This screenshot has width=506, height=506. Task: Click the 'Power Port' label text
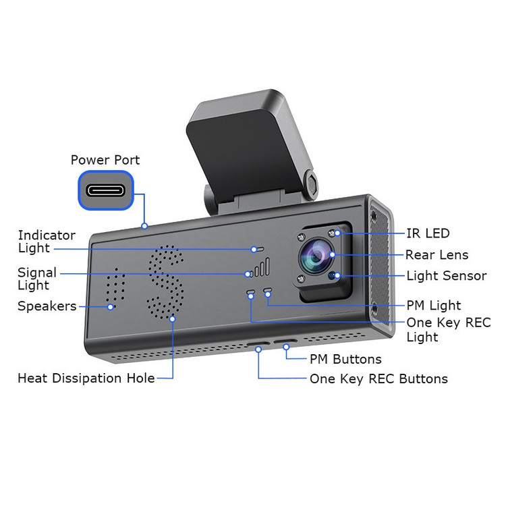[105, 161]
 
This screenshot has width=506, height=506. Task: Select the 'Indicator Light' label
[47, 242]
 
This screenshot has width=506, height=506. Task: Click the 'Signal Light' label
[37, 279]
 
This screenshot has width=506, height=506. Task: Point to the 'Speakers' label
[47, 306]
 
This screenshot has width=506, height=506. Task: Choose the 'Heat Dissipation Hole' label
[86, 378]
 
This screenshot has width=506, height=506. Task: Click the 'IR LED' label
[428, 233]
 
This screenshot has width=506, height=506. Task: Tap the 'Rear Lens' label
[437, 255]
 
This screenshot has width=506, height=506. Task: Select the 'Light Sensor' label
[446, 276]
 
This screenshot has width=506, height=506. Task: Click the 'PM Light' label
[434, 306]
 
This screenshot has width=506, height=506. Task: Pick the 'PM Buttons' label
[345, 360]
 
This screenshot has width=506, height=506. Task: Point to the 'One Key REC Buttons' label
[378, 378]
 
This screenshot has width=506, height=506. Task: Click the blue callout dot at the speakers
[111, 306]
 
